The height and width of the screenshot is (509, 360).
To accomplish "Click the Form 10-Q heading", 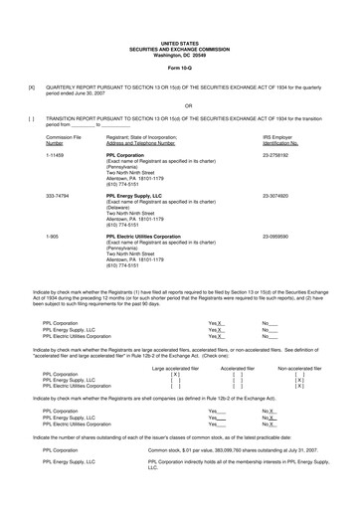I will (x=179, y=68).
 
